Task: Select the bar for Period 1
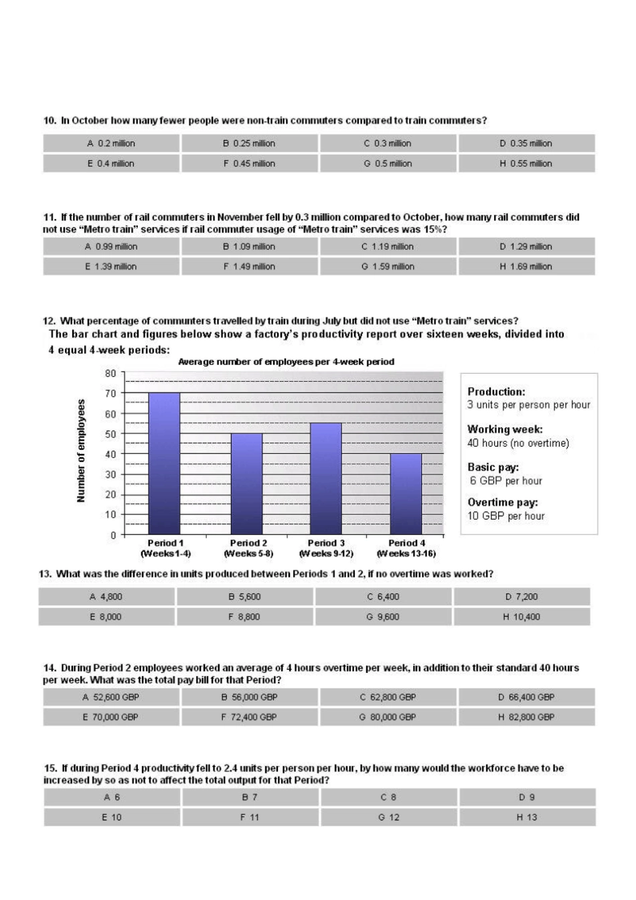164,463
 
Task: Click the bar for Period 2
246,483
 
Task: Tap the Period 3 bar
325,478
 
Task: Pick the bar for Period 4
406,494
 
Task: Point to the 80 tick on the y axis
110,373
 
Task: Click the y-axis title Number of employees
81,451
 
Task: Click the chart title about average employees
286,362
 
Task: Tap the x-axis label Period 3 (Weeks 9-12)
326,548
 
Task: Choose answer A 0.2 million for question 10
111,143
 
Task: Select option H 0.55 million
526,163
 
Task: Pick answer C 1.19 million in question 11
388,246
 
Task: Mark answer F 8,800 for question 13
244,617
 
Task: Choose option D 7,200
522,597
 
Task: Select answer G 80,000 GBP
388,717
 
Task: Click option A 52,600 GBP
111,697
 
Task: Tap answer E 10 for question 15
112,817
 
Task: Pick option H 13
527,817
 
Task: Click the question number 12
49,321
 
